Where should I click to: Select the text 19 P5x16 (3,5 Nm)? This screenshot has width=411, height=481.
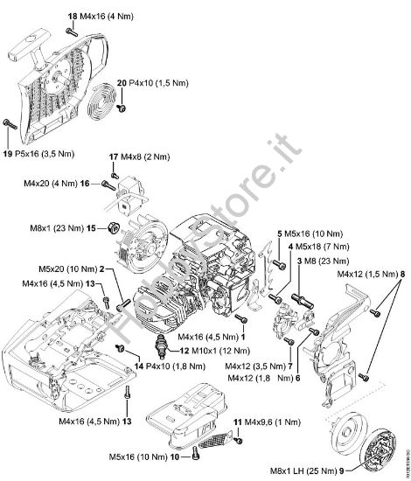[40, 154]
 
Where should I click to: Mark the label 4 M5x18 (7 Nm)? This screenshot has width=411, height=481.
[321, 247]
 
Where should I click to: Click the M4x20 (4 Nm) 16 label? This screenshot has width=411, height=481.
[57, 184]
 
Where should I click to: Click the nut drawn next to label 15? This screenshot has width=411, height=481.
[114, 229]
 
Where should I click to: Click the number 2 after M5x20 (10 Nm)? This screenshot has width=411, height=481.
[102, 269]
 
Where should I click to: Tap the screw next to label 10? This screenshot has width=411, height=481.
[186, 454]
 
